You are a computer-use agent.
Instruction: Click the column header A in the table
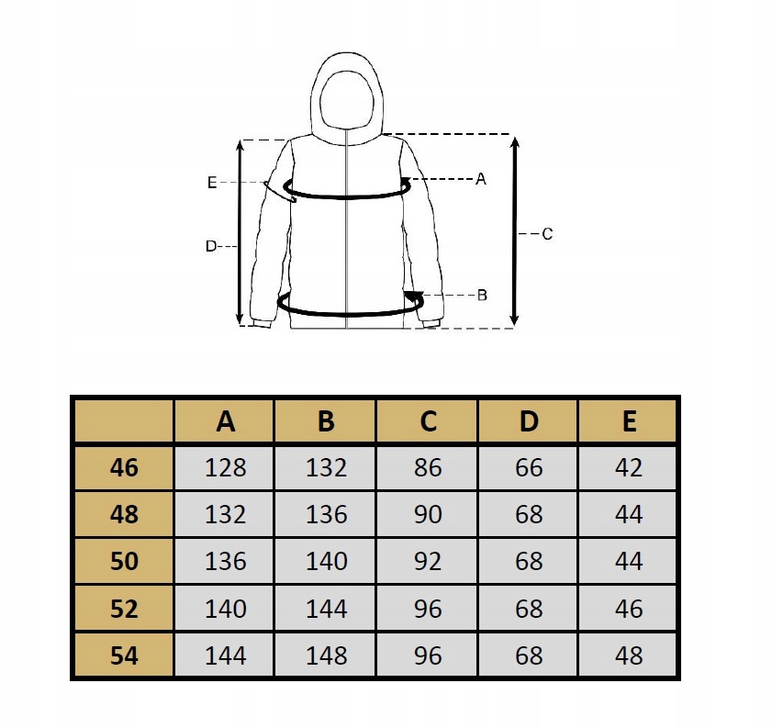pos(226,420)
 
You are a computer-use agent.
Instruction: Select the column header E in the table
pos(629,420)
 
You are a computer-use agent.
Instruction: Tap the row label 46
pos(124,467)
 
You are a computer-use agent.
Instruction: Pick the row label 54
pos(124,655)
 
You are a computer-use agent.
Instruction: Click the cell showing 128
pos(226,467)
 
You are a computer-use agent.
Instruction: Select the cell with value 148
pos(327,655)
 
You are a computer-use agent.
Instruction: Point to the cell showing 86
pos(428,467)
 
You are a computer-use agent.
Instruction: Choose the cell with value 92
pos(428,561)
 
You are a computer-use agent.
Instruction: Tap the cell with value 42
pos(629,467)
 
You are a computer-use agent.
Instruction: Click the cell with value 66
pos(529,467)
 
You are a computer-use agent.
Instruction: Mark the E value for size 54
pos(629,655)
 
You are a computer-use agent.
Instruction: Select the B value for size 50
pos(327,561)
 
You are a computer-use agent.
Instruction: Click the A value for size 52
pos(226,609)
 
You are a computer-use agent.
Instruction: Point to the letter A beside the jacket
pos(480,179)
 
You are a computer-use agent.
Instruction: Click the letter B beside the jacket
pos(482,295)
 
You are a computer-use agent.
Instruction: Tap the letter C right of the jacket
pos(547,234)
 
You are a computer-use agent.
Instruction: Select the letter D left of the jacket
pos(210,246)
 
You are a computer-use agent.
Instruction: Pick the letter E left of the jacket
pos(212,183)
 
